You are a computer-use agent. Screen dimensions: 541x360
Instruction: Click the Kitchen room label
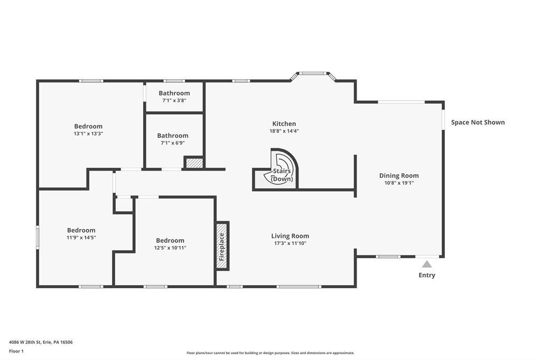tap(284, 124)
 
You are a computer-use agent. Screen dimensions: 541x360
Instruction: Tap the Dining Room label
tap(399, 176)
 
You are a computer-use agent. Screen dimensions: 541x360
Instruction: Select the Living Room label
tap(290, 236)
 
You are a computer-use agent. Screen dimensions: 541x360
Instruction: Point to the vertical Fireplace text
tap(222, 246)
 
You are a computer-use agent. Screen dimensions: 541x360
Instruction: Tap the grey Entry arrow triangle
tap(427, 264)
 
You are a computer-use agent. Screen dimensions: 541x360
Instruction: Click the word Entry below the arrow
tap(427, 275)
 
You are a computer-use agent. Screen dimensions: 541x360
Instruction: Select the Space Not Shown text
tap(478, 122)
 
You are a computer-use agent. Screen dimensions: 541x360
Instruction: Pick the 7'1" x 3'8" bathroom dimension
tap(174, 100)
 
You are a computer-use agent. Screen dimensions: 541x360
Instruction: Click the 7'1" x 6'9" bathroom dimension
tap(173, 143)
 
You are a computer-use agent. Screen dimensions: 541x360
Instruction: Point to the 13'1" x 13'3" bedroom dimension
tap(88, 134)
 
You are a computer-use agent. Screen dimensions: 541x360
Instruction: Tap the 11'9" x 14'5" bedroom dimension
tap(81, 237)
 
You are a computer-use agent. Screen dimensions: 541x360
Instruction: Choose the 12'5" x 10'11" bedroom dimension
tap(170, 248)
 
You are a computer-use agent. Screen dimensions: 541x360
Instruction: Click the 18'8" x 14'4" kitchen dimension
tap(284, 131)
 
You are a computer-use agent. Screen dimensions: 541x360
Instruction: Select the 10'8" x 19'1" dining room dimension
tap(399, 183)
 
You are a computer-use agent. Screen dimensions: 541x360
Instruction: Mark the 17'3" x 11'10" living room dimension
tap(290, 243)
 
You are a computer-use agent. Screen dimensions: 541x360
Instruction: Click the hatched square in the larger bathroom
tap(194, 163)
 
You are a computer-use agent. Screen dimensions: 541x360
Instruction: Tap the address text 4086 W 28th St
tap(25, 343)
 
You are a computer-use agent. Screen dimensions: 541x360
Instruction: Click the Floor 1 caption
tap(16, 352)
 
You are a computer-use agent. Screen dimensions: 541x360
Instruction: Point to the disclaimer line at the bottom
tap(270, 353)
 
